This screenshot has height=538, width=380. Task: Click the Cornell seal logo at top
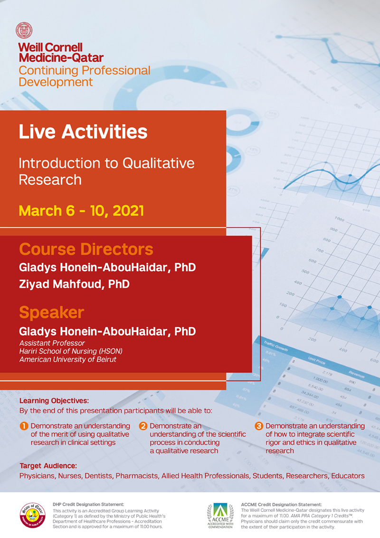24,30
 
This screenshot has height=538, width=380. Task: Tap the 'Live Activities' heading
83,132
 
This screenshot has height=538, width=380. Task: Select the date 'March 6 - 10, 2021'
81,211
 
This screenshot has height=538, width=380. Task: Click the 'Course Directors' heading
86,249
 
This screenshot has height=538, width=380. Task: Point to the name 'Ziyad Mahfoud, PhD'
74,284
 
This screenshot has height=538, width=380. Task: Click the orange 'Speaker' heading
51,312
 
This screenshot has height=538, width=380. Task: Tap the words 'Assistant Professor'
52,343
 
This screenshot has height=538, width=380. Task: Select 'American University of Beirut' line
68,359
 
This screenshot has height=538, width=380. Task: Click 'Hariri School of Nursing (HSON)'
71,351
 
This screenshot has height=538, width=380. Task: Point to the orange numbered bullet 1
24,426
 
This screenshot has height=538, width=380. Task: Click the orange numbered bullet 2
143,426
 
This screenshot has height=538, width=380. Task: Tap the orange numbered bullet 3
259,426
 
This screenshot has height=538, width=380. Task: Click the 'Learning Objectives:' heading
54,401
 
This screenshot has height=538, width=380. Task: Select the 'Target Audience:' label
48,466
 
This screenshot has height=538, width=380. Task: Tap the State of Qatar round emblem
33,515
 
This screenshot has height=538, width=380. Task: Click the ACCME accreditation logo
220,516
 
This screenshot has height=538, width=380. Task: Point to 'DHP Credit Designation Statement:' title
88,504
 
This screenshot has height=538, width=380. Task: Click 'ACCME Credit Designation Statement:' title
282,505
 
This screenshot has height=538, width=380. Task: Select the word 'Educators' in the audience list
348,476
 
